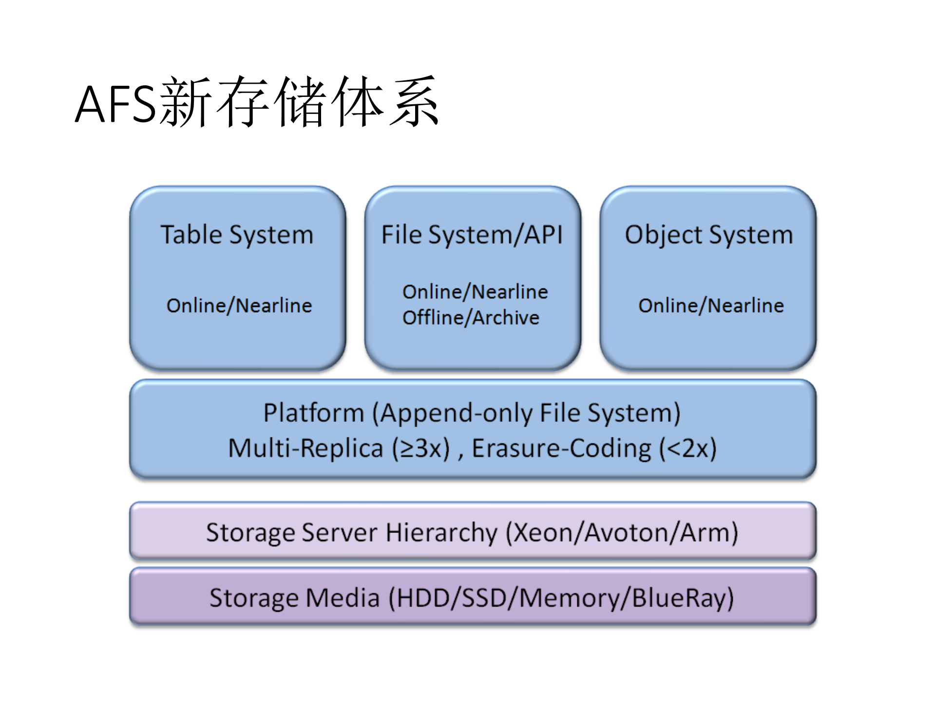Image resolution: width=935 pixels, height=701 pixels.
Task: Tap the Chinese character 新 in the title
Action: click(x=185, y=102)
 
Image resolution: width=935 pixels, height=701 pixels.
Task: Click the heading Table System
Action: click(x=237, y=235)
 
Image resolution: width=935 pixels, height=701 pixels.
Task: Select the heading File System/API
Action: click(x=472, y=235)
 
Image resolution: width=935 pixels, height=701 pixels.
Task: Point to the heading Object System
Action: click(x=708, y=235)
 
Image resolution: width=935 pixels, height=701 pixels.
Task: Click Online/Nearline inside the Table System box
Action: click(x=239, y=305)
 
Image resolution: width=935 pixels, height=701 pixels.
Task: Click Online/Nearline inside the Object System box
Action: click(x=711, y=305)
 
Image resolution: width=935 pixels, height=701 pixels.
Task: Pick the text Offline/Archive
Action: click(x=471, y=318)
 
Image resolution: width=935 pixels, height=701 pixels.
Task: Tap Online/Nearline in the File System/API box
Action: click(x=475, y=292)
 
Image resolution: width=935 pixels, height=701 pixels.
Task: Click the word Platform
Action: click(x=314, y=413)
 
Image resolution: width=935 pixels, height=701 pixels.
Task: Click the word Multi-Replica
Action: click(x=305, y=448)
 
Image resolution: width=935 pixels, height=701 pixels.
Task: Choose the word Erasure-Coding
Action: click(x=561, y=448)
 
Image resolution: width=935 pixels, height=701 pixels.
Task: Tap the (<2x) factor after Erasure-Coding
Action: click(x=688, y=448)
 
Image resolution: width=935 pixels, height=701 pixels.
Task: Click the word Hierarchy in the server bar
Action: click(x=441, y=532)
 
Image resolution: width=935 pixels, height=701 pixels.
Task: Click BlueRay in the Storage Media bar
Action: click(x=678, y=598)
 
